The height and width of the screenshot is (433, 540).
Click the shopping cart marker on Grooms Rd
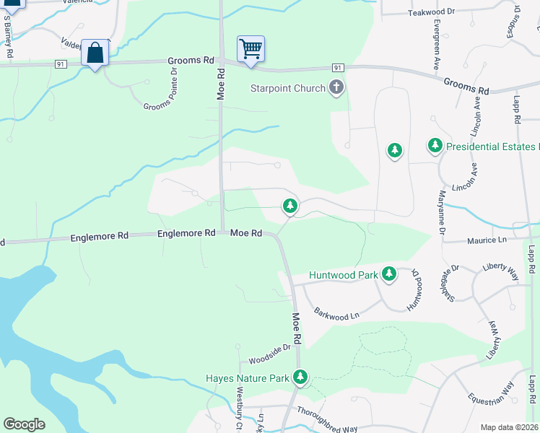251,50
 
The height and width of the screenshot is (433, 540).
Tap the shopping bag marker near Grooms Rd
95,53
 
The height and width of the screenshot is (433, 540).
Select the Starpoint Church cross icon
336,88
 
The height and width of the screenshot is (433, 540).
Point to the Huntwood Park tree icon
389,274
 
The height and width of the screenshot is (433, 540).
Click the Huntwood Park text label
344,275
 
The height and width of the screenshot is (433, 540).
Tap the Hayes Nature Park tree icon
300,377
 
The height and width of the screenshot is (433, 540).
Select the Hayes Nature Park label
247,377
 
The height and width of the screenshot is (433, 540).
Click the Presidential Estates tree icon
435,146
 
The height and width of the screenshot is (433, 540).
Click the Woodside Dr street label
269,349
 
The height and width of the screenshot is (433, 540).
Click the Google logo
23,424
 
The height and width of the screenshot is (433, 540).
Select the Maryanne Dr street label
440,211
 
